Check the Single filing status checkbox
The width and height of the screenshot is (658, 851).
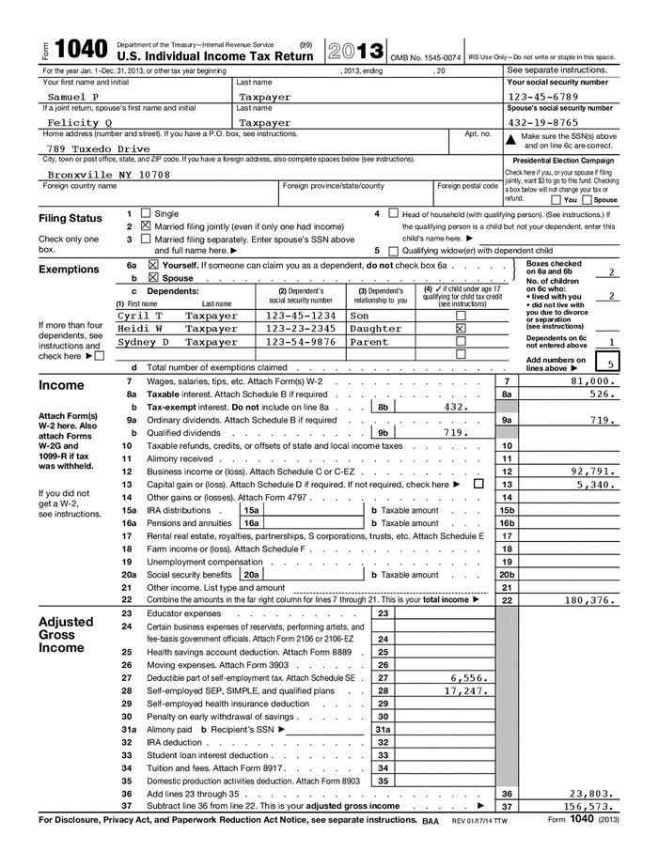coord(145,214)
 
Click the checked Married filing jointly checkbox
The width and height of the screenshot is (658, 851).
coord(145,226)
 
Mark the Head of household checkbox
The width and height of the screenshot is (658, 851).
coord(393,214)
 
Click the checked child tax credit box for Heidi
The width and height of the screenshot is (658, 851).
coord(461,329)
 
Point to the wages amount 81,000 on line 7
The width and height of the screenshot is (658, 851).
coord(596,381)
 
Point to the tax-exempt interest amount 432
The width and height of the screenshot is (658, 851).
coord(455,408)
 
